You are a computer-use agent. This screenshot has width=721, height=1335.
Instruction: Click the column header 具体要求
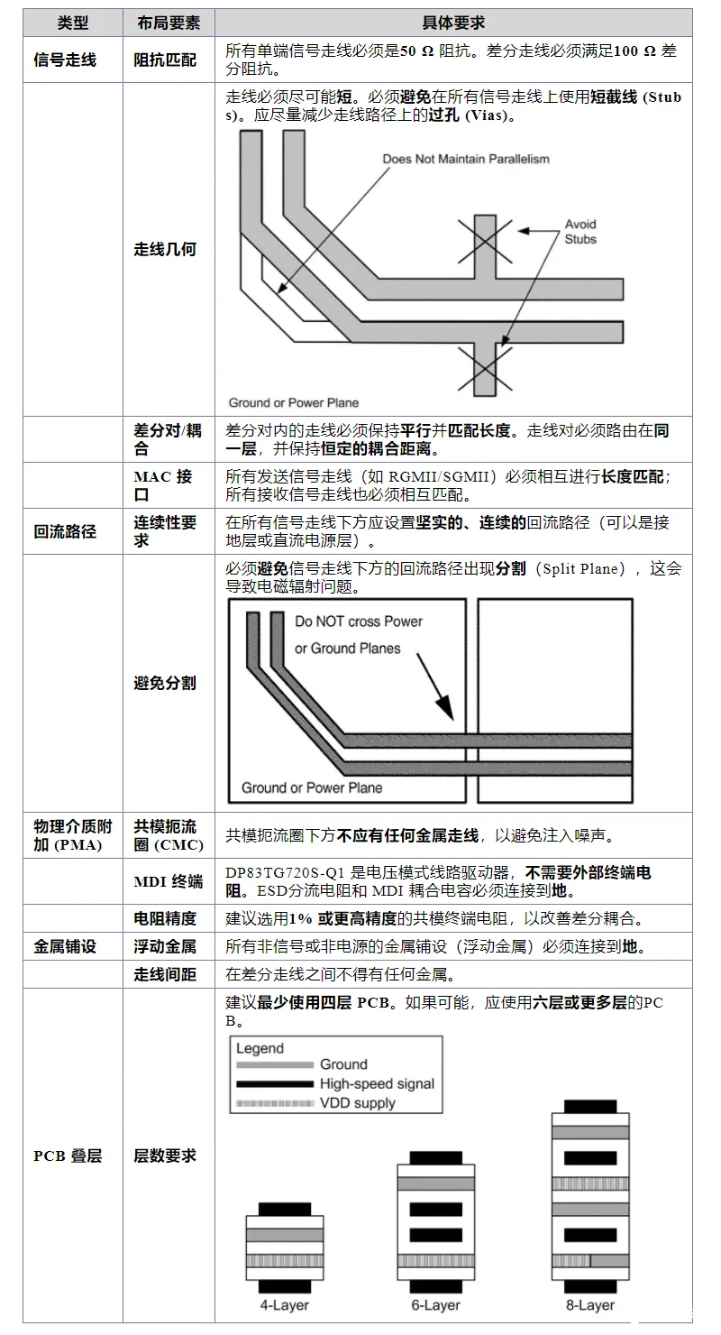453,23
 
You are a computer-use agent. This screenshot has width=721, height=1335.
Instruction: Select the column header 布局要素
168,23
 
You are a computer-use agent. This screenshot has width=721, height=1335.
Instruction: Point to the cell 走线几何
165,249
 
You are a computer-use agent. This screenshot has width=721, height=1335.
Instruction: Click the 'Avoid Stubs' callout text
580,232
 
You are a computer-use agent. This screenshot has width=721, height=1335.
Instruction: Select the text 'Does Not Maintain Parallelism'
465,159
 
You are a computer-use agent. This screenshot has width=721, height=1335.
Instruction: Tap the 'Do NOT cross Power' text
359,621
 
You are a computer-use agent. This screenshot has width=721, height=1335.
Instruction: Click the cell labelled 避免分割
165,683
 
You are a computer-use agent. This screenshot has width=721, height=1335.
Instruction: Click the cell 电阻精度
165,918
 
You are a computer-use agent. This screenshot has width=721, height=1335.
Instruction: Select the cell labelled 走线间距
165,974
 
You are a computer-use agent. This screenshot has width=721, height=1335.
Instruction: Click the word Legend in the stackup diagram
260,1048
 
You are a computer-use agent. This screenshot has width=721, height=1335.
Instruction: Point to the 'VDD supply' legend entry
358,1102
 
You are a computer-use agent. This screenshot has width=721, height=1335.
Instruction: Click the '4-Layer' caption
284,1305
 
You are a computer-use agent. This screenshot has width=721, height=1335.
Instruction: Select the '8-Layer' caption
590,1305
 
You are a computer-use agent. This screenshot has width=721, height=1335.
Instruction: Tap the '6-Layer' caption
436,1305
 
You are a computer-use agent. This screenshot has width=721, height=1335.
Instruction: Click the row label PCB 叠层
68,1155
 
